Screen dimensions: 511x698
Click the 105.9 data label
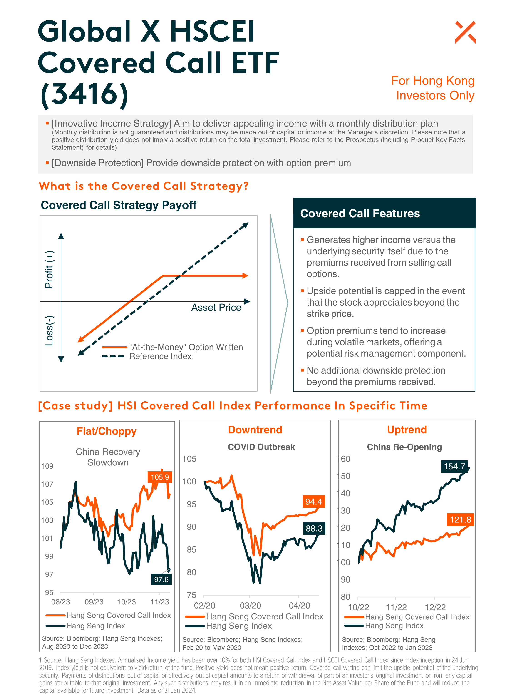160,477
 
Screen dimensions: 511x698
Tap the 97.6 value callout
161,579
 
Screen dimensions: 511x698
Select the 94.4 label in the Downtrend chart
313,502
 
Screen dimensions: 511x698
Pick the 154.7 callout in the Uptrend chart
454,466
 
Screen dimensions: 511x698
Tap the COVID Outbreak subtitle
261,447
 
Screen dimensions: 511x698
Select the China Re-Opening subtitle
404,447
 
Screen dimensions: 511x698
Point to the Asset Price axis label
216,307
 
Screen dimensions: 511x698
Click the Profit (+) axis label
49,269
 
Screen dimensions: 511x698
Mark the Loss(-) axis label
50,330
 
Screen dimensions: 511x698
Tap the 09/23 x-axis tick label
94,602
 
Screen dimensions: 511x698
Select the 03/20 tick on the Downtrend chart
250,606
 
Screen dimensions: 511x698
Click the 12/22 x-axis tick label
435,607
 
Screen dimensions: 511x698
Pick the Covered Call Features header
360,214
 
